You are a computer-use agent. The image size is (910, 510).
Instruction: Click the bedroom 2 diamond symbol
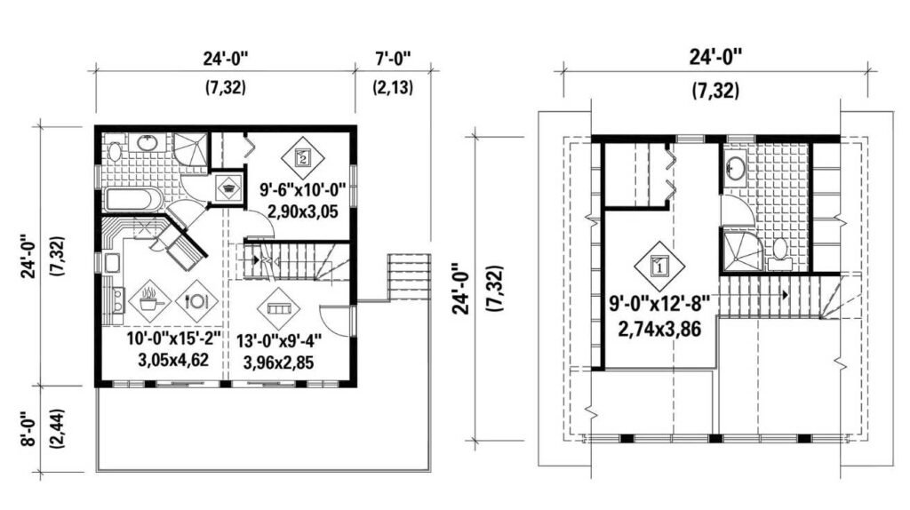pos(302,157)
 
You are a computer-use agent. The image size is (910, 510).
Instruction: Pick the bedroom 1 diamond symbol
pos(659,267)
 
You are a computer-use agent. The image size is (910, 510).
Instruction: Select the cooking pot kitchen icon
pos(149,301)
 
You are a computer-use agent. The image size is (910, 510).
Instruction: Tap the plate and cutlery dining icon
pos(196,301)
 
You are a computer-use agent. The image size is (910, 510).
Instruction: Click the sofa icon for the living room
pos(278,307)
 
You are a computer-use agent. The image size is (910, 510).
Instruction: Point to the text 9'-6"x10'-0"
pos(303,190)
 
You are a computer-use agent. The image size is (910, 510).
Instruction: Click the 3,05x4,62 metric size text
pos(173,360)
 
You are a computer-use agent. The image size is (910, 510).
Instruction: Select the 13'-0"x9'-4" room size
pos(278,340)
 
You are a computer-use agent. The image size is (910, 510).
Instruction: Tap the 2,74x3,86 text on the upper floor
pos(659,329)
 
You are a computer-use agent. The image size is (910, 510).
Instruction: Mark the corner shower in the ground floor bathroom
pos(190,148)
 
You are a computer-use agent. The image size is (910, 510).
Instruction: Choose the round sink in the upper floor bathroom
pos(736,168)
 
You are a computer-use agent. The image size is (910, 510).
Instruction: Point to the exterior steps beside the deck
pos(409,276)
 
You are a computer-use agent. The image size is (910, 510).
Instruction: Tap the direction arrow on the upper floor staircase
pos(784,295)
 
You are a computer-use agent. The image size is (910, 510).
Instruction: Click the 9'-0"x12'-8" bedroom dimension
pos(659,303)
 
